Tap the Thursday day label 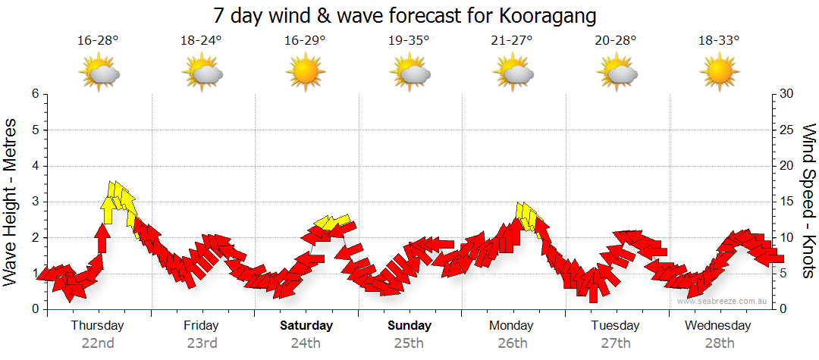coord(97,325)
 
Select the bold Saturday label coord(306,325)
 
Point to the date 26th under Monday coord(513,343)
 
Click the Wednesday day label coord(717,325)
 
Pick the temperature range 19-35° coord(409,41)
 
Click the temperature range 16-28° coord(98,41)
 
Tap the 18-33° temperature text coord(719,41)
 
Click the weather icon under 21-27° coord(513,73)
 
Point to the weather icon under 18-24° coord(201,73)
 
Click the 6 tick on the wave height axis coord(35,94)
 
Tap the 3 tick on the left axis coord(35,202)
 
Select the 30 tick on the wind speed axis coord(787,94)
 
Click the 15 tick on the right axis coord(787,202)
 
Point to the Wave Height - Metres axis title coord(11,201)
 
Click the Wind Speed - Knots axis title coord(808,201)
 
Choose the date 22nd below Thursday coord(97,343)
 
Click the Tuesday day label coord(616,325)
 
